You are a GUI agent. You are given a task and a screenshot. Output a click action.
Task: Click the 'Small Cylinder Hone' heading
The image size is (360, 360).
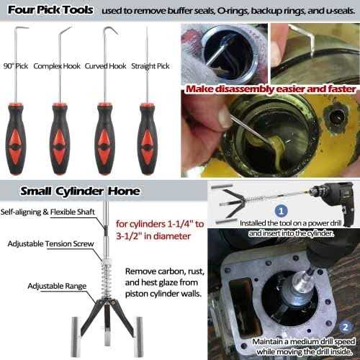pos(81,192)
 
